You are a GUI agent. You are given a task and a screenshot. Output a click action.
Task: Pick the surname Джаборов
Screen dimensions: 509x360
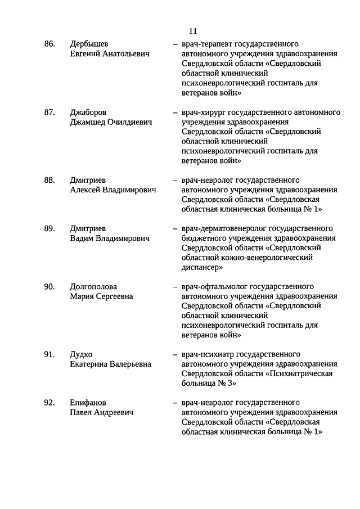point(89,112)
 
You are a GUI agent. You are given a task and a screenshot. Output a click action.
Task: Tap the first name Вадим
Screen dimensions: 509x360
point(82,238)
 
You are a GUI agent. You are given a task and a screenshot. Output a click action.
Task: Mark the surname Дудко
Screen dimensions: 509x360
point(81,354)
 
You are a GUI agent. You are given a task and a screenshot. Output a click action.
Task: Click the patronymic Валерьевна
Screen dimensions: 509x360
point(130,364)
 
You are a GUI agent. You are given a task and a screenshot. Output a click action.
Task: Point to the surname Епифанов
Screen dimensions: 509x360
point(88,403)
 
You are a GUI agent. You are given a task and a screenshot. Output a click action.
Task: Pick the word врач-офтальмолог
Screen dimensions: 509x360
point(213,287)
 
